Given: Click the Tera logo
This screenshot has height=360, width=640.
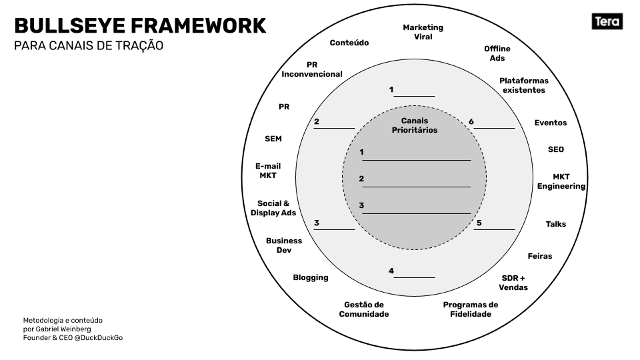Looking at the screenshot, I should coord(607,22).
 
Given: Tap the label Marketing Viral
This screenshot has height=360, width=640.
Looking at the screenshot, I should coord(423,32).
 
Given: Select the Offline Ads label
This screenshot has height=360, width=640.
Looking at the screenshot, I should coord(497,53).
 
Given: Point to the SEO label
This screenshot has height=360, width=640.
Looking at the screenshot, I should coord(555,149).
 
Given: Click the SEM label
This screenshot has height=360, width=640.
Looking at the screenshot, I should coord(273,139).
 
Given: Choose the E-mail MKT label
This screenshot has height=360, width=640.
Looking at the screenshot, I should coord(267,171).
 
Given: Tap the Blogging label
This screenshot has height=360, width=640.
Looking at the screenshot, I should coord(310,277).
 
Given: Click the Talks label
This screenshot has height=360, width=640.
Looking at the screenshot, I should coord(555,224).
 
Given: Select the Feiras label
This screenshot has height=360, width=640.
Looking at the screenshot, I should coord(539,256).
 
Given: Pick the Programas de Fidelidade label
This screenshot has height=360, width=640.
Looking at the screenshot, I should coord(470,309).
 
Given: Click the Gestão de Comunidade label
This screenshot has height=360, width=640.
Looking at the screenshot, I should coord(363,309).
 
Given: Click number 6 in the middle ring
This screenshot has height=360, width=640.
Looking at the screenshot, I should coord(471,121).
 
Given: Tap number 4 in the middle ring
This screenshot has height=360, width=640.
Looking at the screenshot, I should coord(391,271).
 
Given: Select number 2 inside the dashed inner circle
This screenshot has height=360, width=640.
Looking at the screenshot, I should coord(361,179).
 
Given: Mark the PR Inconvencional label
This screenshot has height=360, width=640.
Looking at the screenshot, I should coord(311,69).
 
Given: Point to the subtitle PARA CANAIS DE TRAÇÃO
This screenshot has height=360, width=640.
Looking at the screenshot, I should coord(89,47).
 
